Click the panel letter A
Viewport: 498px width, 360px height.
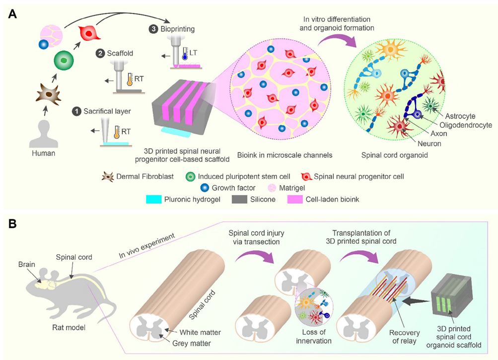[13, 14]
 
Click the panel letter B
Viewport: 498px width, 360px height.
[13, 223]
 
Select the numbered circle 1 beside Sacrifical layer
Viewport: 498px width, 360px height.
[76, 111]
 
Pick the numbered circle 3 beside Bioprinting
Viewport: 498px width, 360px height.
[154, 29]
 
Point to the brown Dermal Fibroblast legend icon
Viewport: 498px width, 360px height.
[107, 177]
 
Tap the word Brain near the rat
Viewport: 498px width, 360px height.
[27, 264]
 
